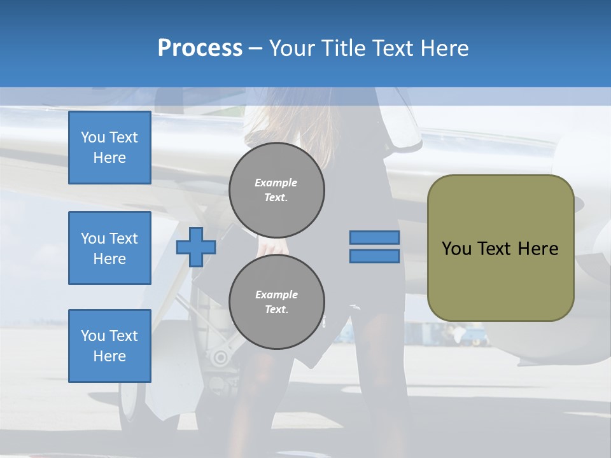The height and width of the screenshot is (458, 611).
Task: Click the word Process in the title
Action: point(200,48)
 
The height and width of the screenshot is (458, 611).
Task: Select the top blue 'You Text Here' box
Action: point(109,148)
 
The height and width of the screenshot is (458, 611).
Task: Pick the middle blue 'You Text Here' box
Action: point(109,248)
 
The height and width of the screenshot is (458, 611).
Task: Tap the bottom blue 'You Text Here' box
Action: point(109,346)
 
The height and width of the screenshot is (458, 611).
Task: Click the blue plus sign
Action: point(196,247)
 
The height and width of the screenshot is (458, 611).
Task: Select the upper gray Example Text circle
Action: point(277,190)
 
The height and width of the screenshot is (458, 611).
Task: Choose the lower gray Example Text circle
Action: point(277,302)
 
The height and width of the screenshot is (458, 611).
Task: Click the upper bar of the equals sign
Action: point(374,238)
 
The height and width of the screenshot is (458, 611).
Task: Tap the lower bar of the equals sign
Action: point(374,256)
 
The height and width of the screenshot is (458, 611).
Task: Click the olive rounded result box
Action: point(500,280)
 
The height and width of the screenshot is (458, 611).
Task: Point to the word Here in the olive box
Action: point(538,249)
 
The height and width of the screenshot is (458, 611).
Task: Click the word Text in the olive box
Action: point(494,249)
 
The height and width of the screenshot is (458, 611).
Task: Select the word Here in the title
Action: point(443,48)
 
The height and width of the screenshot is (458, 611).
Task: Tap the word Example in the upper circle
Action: point(276,183)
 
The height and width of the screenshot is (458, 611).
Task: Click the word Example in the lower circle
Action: point(276,295)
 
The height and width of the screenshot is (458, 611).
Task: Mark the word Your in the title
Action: point(291,48)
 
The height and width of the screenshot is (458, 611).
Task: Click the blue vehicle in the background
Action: point(474,337)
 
